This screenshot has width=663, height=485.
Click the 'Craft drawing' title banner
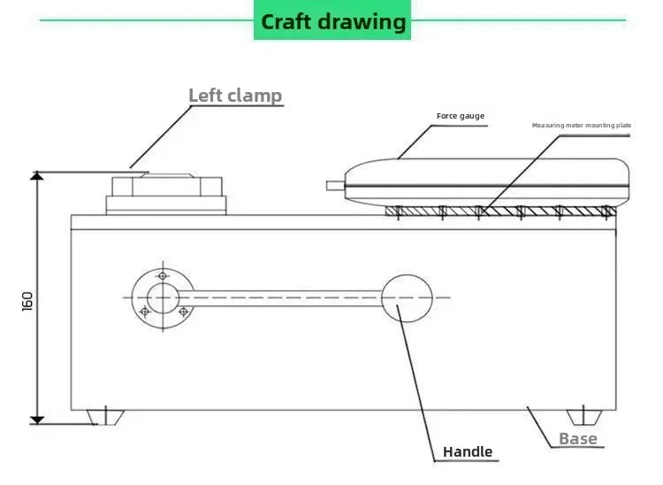coord(332,20)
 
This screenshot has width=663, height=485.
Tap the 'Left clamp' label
coord(235,96)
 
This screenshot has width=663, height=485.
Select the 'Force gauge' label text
coord(461,116)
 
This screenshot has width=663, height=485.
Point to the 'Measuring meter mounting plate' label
coord(582,126)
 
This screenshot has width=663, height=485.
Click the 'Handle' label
coord(468,451)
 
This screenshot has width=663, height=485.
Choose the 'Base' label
coord(578,439)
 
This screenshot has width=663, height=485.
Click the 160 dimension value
coord(27,301)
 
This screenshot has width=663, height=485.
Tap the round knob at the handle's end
coord(407,298)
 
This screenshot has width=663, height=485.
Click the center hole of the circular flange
coord(163,298)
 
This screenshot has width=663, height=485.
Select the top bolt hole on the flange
coord(163,276)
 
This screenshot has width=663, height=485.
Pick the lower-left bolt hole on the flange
coord(145,312)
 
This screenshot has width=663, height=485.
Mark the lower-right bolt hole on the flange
coord(184,312)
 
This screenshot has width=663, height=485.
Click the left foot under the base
coord(105,417)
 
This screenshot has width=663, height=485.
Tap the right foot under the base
coord(584,417)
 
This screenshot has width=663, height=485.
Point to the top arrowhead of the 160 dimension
coord(37,175)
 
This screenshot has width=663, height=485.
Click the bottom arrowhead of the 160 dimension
coord(37,420)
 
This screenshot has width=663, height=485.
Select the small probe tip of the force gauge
coord(336,186)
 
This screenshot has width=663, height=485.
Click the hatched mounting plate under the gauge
coord(500,211)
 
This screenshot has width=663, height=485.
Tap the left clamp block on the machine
coord(166,194)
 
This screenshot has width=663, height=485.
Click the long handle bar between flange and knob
coord(280,298)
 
